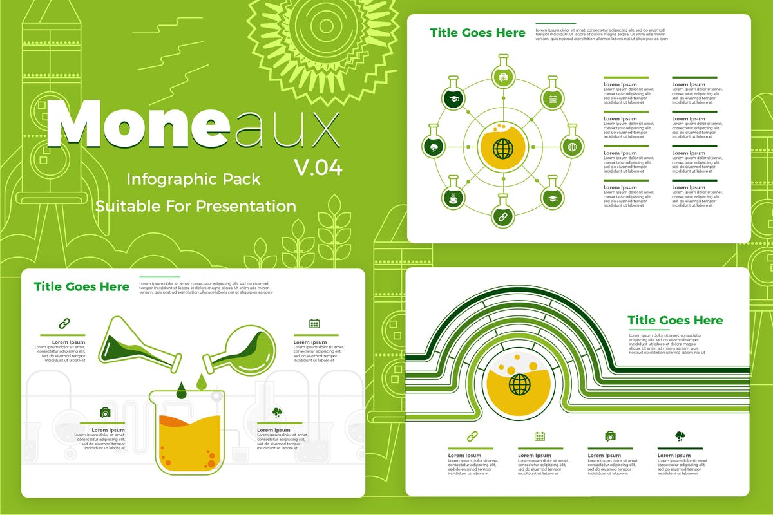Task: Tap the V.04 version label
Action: coord(318,167)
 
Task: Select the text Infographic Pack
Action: coord(193,179)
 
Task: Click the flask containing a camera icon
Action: coord(502,77)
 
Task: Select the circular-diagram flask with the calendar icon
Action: coord(552,97)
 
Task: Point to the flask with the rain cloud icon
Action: coord(434,147)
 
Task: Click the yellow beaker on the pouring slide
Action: coord(187,431)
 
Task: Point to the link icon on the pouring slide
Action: coord(64,323)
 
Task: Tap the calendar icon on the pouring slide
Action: coord(314,324)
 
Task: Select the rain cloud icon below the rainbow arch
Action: coord(680,436)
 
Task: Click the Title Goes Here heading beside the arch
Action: coord(675,321)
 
